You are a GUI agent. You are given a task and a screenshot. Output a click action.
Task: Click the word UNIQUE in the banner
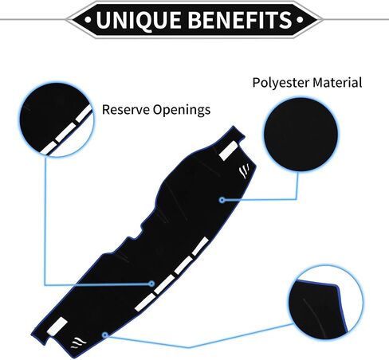click(x=139, y=20)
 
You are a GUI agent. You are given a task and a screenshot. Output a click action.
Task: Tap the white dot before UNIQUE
click(x=88, y=19)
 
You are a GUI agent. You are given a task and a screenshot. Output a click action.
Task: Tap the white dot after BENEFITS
click(x=300, y=19)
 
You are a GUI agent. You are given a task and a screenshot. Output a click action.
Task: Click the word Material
click(x=337, y=82)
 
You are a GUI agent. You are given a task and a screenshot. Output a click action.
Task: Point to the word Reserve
click(x=126, y=109)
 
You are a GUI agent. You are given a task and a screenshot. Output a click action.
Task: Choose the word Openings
click(x=182, y=110)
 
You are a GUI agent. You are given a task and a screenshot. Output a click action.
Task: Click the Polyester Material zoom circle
click(x=301, y=135)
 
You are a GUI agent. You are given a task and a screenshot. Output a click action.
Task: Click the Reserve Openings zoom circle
click(x=57, y=119)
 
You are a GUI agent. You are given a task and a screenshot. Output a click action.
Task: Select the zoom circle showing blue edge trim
click(x=325, y=303)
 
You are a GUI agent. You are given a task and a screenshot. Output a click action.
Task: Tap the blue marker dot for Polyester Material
click(x=222, y=200)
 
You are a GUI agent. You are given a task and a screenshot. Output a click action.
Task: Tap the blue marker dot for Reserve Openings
click(x=151, y=284)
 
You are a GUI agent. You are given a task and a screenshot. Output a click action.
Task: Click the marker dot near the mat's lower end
click(x=105, y=335)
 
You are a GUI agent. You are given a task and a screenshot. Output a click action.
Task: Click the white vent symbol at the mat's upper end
click(x=244, y=171)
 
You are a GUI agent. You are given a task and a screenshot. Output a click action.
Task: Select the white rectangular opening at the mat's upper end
click(x=229, y=151)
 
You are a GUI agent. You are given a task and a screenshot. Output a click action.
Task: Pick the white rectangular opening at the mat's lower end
click(x=57, y=327)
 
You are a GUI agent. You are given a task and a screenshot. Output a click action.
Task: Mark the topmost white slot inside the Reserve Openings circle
click(x=84, y=114)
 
